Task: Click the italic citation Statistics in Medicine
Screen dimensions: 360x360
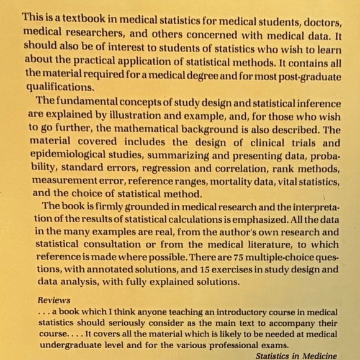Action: click(297, 356)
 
